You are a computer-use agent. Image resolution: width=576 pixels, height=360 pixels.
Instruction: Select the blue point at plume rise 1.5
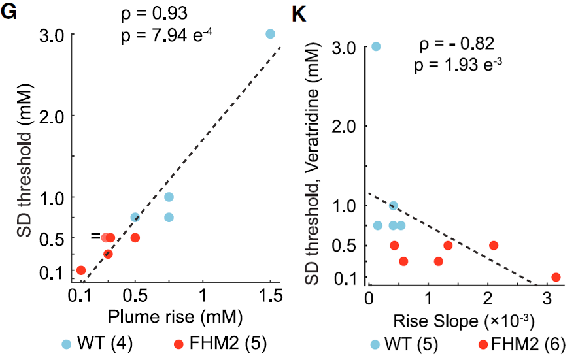click(271, 33)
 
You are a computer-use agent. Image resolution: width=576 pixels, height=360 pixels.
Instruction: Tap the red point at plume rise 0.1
click(81, 270)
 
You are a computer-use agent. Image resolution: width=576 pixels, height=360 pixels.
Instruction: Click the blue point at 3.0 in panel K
click(376, 46)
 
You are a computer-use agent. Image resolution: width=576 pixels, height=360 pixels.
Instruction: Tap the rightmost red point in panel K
click(556, 277)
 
